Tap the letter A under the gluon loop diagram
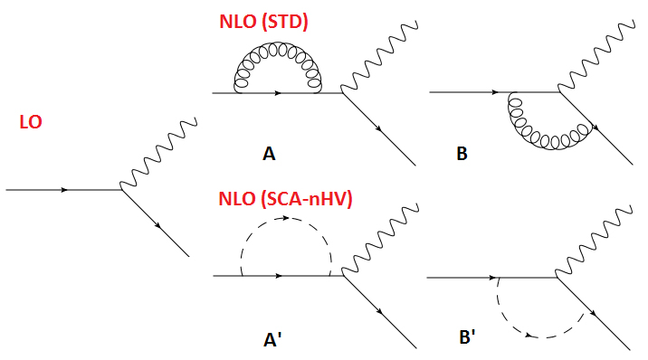269,155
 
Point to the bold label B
462,155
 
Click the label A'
271,341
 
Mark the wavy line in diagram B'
592,244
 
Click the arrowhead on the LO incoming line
64,190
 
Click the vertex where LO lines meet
122,190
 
